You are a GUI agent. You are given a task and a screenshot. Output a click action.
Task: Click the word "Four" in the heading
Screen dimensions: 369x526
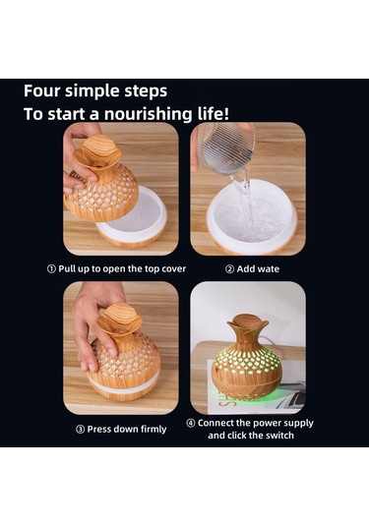click(x=41, y=91)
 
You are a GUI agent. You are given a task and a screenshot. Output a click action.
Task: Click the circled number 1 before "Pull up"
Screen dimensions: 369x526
click(x=51, y=269)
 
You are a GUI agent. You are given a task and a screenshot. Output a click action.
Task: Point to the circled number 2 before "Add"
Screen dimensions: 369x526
click(x=229, y=269)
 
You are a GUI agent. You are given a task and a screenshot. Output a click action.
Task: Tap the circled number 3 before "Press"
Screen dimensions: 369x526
click(x=80, y=430)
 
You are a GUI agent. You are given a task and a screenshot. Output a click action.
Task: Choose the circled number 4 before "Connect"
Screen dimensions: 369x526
click(x=190, y=424)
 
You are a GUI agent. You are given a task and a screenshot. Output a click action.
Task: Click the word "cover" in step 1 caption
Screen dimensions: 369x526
click(x=173, y=269)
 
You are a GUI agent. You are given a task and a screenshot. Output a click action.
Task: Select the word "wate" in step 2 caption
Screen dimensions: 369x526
click(x=268, y=269)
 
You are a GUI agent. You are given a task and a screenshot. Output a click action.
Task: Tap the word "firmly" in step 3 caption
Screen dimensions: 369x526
click(x=153, y=430)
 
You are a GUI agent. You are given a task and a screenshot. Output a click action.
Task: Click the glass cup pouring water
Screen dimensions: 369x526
click(x=226, y=148)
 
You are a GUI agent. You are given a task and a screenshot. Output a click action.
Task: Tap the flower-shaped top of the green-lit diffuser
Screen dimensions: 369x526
click(x=248, y=324)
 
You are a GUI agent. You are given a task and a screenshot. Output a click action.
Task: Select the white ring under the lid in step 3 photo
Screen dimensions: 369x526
click(x=124, y=383)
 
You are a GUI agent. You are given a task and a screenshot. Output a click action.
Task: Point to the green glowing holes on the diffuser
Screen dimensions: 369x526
click(x=247, y=369)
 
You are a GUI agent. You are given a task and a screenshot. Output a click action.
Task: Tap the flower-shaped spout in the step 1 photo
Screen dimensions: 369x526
click(x=97, y=152)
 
